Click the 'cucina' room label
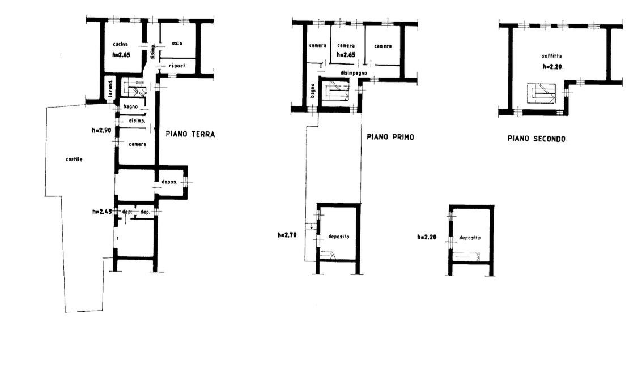[x=120, y=44]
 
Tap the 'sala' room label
[x=177, y=44]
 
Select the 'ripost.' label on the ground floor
[x=178, y=66]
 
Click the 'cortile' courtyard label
[x=74, y=160]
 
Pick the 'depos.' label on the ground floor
[x=169, y=182]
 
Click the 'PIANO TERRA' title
[x=190, y=134]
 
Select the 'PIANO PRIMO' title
[x=390, y=137]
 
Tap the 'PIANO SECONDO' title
[x=537, y=139]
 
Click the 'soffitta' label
[x=552, y=56]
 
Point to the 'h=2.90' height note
[x=101, y=131]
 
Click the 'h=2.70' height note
[x=287, y=235]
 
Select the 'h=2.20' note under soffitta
[x=552, y=67]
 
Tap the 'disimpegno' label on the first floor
[x=354, y=73]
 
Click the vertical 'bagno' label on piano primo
[x=313, y=91]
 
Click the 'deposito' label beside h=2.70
[x=339, y=237]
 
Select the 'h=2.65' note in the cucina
[x=121, y=55]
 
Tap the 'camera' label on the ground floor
[x=138, y=144]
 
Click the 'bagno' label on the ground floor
[x=131, y=107]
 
